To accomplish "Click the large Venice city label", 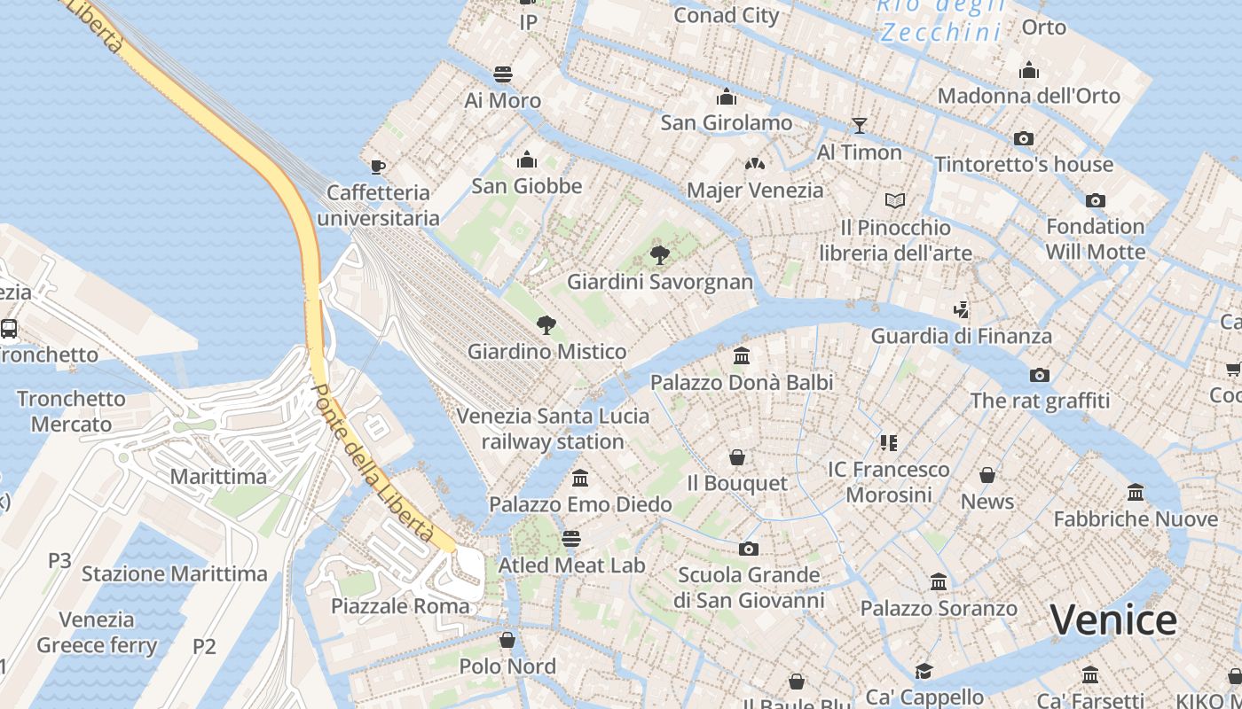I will tap(1113, 619).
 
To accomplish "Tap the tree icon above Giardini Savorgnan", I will tap(659, 255).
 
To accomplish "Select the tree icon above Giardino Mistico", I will tap(546, 325).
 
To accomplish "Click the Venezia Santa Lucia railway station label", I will tap(552, 428).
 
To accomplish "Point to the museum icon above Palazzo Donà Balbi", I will tap(742, 356).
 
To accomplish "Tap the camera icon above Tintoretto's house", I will tap(1024, 138).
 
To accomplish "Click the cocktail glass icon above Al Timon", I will tap(859, 126).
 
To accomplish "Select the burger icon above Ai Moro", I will tap(503, 74).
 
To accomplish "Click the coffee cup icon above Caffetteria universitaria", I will tap(378, 166).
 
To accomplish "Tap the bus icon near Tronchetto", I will tap(9, 329).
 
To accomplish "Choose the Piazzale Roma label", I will tap(400, 606).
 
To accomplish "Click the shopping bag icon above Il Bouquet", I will tap(736, 457).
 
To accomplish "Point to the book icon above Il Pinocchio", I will tap(895, 201).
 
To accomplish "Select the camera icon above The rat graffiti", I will tap(1040, 375).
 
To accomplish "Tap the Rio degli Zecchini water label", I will tap(940, 19).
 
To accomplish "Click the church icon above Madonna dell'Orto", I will tap(1029, 69).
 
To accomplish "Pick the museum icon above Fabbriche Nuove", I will tap(1136, 493).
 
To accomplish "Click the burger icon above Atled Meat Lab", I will tap(571, 539).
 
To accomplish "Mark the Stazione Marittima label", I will tap(174, 573).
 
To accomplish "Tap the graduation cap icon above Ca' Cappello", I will tap(924, 671).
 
